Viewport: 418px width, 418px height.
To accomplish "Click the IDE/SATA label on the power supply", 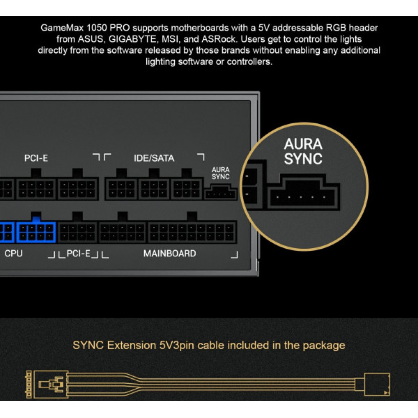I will tap(154, 158).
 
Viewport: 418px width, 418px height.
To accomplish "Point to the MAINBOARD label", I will tap(170, 253).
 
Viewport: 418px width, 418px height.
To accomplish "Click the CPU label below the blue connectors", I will tap(14, 253).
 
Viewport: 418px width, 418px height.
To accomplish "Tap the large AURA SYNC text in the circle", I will tap(303, 151).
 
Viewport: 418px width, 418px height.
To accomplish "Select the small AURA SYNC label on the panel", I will tap(221, 173).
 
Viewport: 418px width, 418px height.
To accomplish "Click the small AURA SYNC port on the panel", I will tap(220, 194).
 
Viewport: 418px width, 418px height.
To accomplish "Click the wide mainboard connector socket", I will tap(191, 232).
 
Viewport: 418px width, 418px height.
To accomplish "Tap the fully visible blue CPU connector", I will tap(36, 232).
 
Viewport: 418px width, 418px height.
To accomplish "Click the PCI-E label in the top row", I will tap(36, 158).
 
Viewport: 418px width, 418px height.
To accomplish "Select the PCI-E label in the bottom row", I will tap(79, 253).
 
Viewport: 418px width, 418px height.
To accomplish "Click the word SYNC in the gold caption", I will tap(89, 345).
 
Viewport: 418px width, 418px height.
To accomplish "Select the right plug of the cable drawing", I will tap(377, 384).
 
